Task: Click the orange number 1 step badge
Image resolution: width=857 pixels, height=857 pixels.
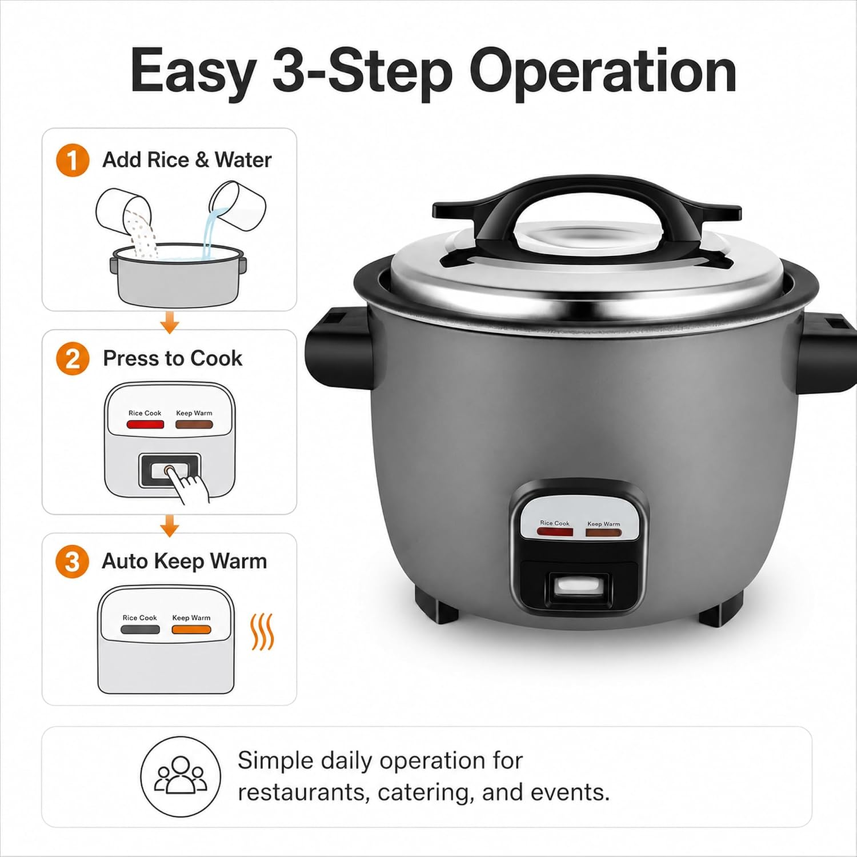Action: [x=73, y=160]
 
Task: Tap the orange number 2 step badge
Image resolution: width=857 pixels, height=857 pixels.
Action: [x=73, y=359]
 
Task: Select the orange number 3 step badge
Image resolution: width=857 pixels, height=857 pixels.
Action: [x=72, y=562]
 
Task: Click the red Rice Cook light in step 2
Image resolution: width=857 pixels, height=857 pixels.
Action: [x=145, y=425]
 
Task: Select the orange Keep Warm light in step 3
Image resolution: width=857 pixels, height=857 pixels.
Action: [x=191, y=630]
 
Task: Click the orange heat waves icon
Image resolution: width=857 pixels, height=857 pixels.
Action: [x=263, y=632]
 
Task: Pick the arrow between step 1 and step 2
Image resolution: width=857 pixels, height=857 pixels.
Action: [x=170, y=323]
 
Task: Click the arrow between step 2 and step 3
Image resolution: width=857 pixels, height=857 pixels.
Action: [x=170, y=526]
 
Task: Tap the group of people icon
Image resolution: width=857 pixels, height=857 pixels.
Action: [x=181, y=776]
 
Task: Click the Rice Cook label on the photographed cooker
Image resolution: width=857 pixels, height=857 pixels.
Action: [x=555, y=523]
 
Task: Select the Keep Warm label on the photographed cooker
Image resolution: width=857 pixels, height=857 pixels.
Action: [x=603, y=523]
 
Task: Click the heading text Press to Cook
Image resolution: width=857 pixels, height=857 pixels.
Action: [x=173, y=358]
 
